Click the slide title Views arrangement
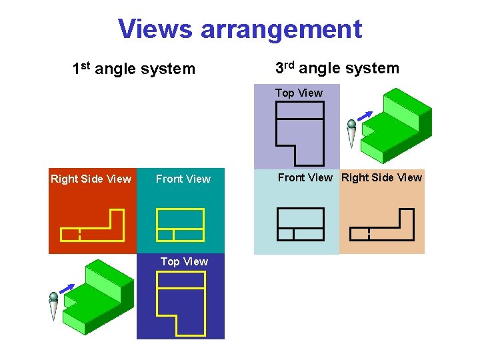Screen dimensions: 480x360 tap(240, 29)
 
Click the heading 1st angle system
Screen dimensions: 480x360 tap(133, 69)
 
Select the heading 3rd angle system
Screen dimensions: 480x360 tap(337, 68)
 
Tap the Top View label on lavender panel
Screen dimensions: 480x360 tap(299, 93)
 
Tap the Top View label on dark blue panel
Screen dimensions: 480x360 tap(184, 261)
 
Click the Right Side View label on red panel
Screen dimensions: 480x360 tap(91, 179)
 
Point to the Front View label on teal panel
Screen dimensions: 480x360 tap(183, 179)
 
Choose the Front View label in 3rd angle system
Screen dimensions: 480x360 tap(305, 177)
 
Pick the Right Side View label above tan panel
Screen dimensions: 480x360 tap(381, 177)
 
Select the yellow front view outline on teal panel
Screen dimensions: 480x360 tap(180, 225)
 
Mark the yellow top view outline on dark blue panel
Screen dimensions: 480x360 tap(181, 303)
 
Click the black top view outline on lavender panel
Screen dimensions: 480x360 tap(300, 133)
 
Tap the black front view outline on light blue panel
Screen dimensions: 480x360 tap(300, 224)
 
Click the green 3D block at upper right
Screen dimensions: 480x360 tap(396, 127)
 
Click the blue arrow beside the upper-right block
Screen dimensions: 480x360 tap(364, 117)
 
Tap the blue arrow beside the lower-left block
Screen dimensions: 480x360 tap(65, 288)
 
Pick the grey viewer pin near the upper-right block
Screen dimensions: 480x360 tap(352, 133)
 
